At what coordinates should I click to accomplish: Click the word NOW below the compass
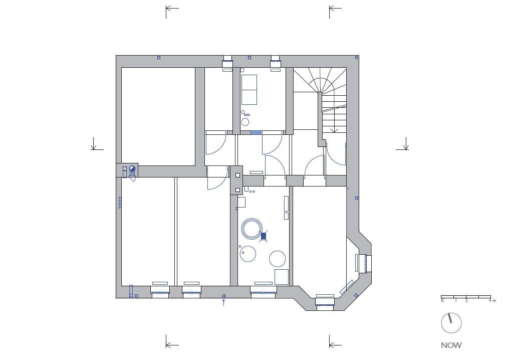point(451,345)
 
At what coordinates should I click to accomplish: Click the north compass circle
point(451,322)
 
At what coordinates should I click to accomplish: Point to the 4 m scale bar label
point(492,300)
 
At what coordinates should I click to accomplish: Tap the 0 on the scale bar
point(442,300)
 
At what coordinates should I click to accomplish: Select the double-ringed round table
point(251,229)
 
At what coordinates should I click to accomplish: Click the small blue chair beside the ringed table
point(264,237)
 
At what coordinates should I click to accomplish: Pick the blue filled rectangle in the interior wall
point(256,132)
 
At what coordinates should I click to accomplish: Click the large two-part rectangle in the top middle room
point(249,90)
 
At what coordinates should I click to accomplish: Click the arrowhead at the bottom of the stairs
point(334,130)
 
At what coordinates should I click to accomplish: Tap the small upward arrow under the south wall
point(224,302)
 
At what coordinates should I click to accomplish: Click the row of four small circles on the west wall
point(120,203)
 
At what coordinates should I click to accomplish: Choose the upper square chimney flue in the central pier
point(237,175)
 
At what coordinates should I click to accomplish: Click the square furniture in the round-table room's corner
point(282,277)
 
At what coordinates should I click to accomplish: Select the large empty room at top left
point(158,116)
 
